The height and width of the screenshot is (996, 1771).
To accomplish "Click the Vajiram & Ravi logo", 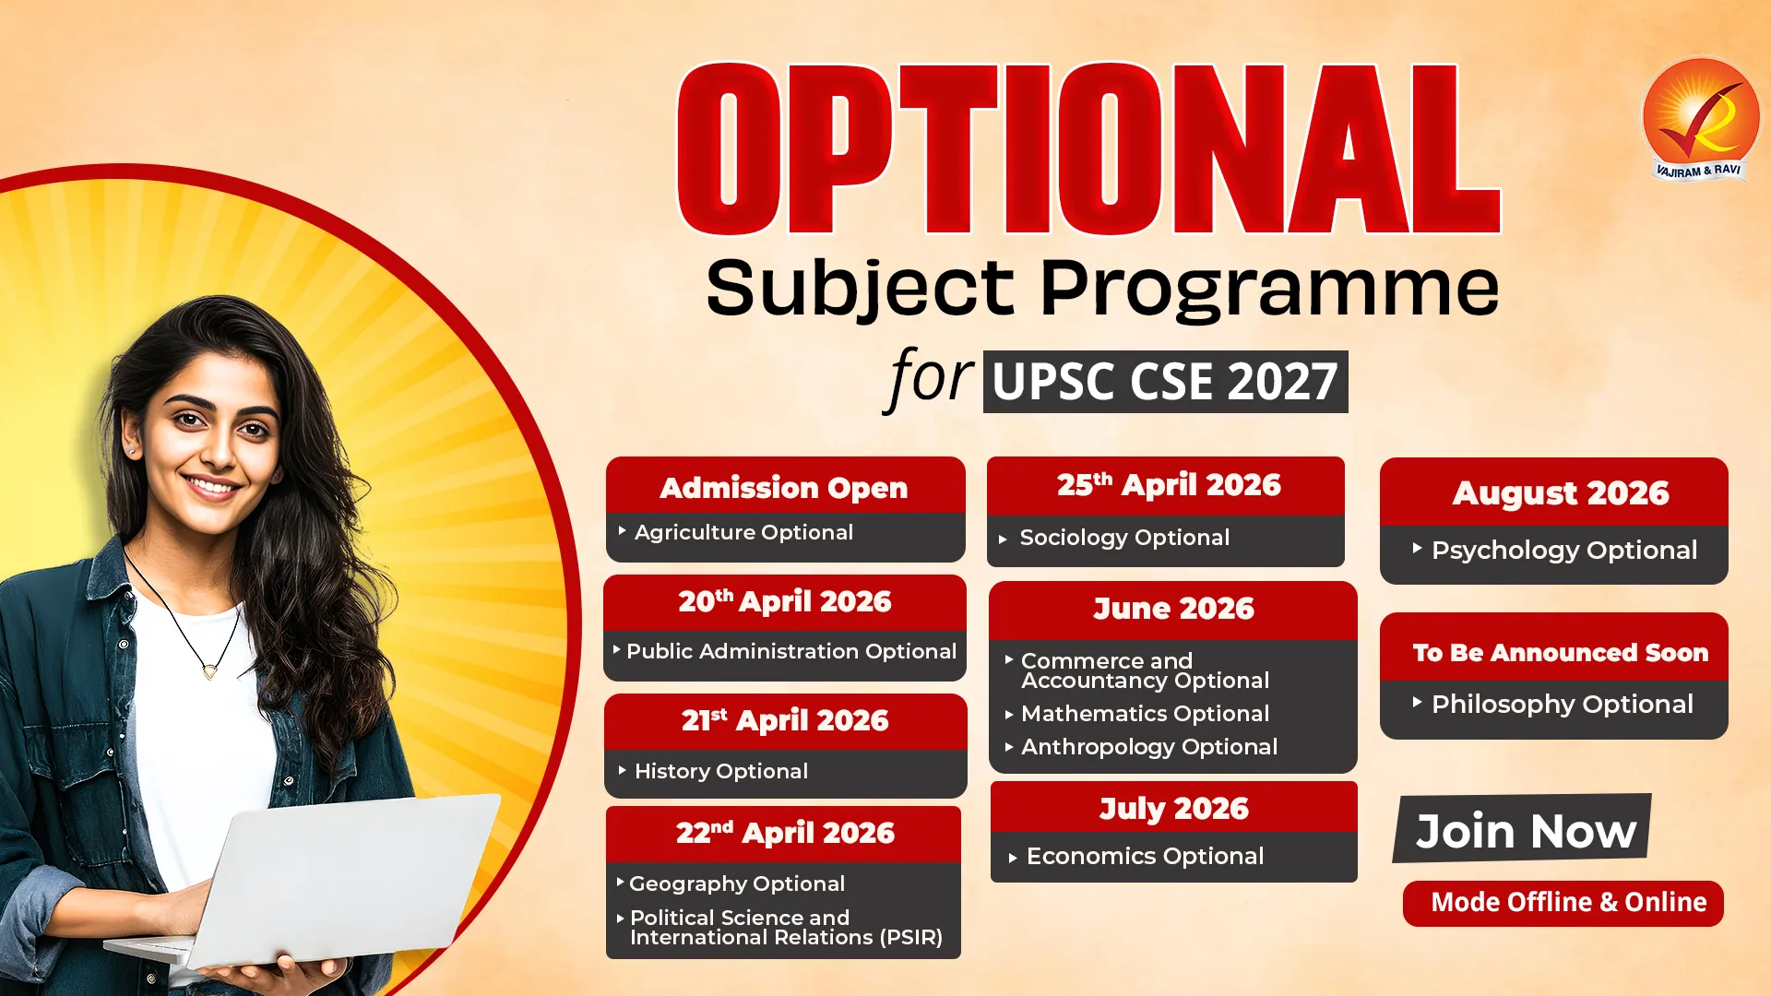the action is coord(1701,119).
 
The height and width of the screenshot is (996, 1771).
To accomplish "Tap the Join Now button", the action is coord(1523,829).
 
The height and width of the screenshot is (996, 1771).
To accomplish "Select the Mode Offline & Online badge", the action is coord(1563,903).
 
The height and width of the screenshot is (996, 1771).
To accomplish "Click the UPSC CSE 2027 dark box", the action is coord(1165,382).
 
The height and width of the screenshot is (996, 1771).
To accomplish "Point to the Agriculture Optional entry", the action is coord(743,532).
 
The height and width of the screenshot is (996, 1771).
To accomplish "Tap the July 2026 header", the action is coord(1174,808).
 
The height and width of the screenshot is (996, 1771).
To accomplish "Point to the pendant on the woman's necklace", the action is coord(210,670).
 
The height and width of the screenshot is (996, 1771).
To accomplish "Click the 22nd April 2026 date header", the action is coord(784,834).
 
